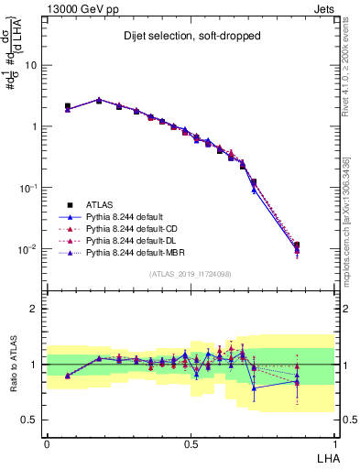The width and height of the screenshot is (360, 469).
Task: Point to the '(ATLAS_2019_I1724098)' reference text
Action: (x=189, y=273)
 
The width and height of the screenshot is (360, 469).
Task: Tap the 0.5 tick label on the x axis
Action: (x=191, y=442)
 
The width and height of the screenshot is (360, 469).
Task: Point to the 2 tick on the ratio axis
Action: (x=36, y=309)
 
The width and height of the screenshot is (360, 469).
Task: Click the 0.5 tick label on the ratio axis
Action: (x=30, y=420)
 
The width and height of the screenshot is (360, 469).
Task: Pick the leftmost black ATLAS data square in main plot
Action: (x=68, y=106)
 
